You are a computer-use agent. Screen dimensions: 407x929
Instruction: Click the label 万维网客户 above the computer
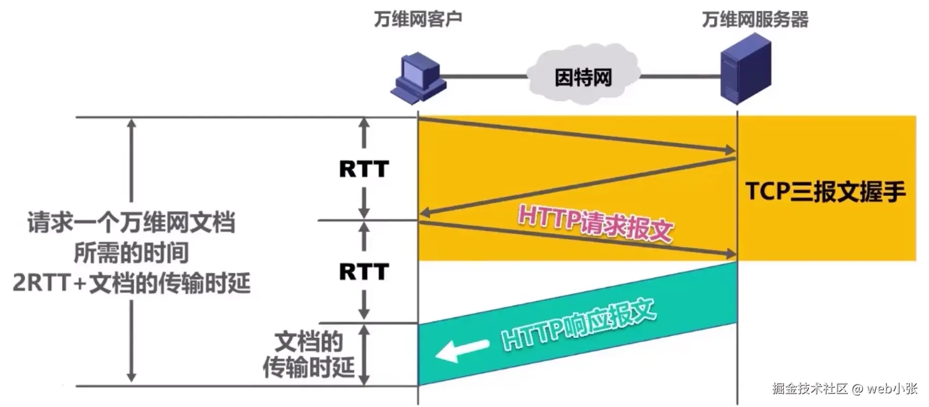418,19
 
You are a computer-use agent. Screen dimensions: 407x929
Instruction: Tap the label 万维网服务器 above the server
754,19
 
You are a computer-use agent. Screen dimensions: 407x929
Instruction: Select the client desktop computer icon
418,77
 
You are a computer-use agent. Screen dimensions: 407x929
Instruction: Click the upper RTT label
364,169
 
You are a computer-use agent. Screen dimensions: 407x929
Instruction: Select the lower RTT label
364,272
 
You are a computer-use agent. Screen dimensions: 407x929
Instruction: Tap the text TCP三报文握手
825,192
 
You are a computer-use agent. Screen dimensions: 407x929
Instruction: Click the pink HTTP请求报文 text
595,223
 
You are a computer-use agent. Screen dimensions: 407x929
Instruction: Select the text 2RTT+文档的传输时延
131,283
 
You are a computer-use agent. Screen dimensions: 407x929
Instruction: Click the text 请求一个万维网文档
131,223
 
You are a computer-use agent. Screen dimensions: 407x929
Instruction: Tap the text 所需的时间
131,253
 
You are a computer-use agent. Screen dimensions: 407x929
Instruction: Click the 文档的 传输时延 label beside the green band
308,354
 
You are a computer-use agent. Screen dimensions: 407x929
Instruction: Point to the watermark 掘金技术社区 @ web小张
845,389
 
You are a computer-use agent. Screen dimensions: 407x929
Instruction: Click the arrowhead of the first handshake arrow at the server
731,150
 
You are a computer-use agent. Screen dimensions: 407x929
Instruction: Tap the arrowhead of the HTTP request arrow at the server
731,254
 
